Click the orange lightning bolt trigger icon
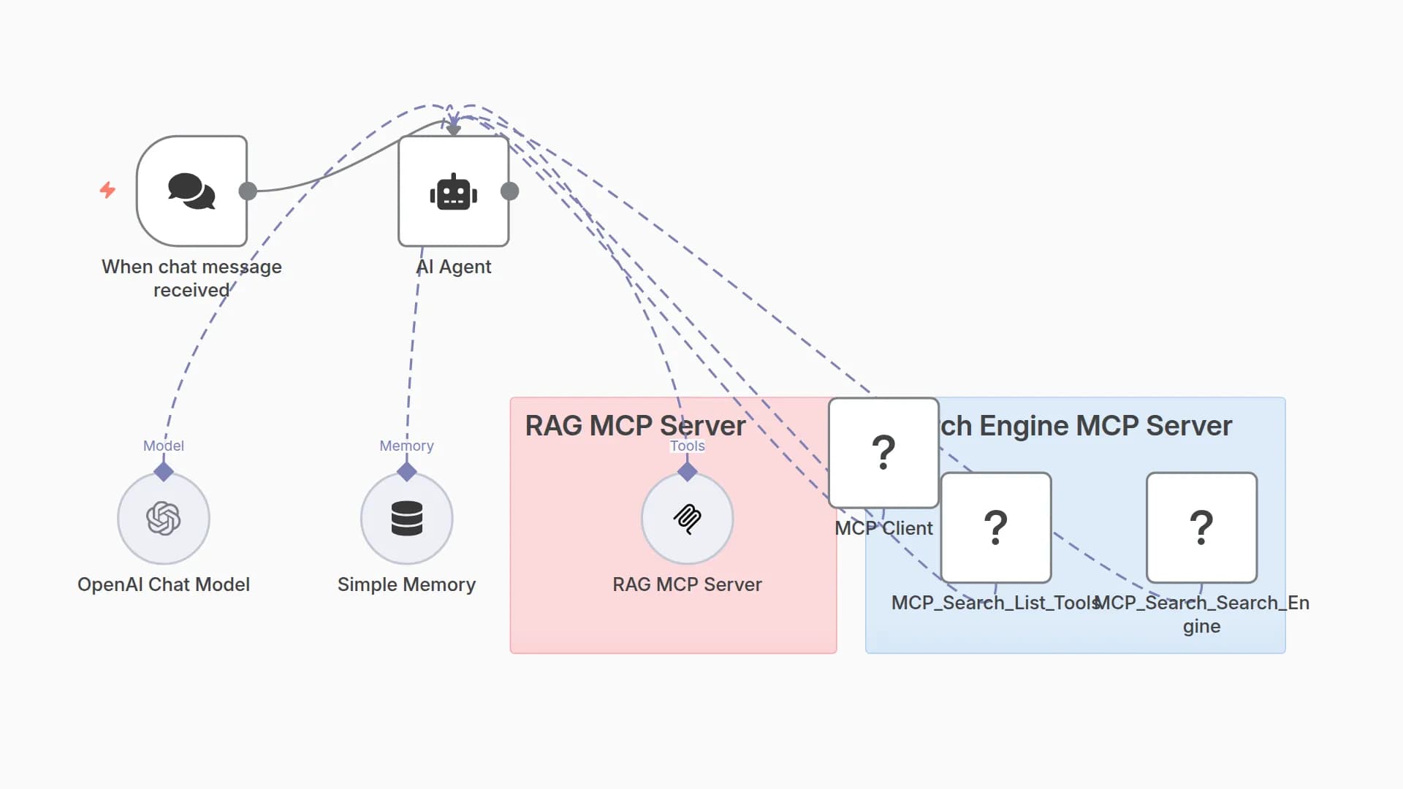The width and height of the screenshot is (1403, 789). (x=107, y=190)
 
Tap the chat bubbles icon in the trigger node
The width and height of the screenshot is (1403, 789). (x=191, y=191)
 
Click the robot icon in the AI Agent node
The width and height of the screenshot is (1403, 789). (x=453, y=193)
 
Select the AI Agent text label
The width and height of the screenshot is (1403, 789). (x=454, y=267)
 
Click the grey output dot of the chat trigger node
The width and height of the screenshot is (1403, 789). (x=248, y=191)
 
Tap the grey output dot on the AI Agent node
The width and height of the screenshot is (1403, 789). (x=510, y=191)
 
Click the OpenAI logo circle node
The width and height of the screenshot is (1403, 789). (x=164, y=519)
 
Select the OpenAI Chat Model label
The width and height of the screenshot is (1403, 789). (x=164, y=584)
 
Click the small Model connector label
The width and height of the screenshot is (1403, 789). (x=164, y=446)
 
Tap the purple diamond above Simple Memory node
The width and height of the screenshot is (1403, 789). (x=407, y=472)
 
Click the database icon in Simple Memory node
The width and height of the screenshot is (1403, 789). (x=407, y=519)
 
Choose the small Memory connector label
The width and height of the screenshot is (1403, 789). (x=407, y=446)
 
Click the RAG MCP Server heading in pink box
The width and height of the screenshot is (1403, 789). (x=635, y=426)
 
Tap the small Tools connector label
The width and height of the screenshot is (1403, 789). (x=688, y=446)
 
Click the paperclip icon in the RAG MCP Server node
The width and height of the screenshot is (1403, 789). (x=688, y=519)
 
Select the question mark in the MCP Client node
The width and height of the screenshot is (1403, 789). (x=883, y=452)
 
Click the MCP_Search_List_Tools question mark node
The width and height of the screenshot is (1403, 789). (x=996, y=527)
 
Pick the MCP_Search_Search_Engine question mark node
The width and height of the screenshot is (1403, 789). (x=1201, y=527)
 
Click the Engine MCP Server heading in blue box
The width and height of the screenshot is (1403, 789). (x=1086, y=426)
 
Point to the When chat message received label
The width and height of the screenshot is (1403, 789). (x=191, y=278)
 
